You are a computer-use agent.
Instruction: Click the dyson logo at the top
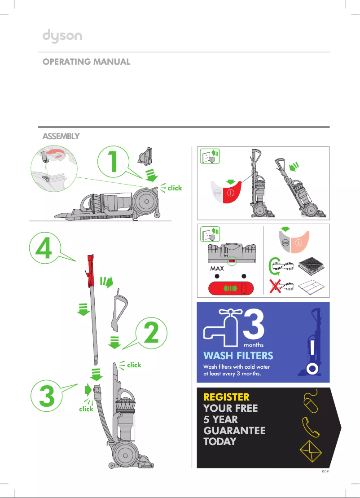tap(62, 36)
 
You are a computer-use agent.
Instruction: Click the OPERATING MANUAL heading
tap(86, 62)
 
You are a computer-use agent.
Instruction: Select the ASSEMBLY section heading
tap(61, 136)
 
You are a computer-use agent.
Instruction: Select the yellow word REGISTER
tap(226, 397)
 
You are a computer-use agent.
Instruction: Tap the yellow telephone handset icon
tap(311, 426)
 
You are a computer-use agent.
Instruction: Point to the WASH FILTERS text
tap(238, 356)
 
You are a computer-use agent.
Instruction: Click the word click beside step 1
tap(175, 188)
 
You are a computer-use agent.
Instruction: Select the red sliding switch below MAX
tap(229, 287)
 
